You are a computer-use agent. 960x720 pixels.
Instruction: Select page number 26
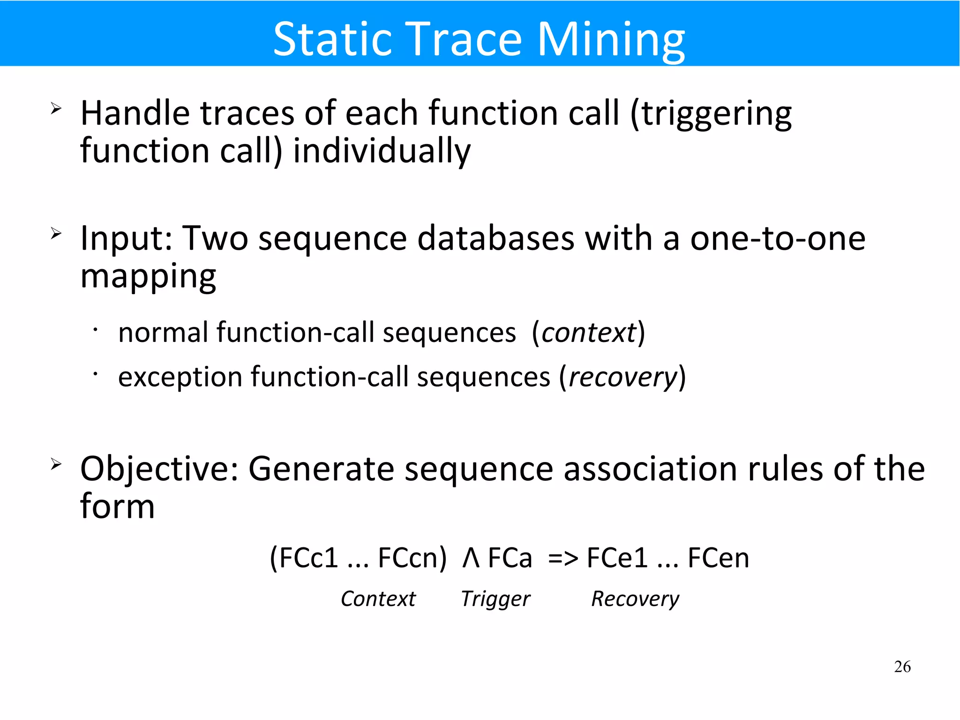click(902, 667)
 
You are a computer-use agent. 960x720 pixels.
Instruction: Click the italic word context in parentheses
click(589, 333)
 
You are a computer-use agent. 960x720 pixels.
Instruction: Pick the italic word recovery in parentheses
click(622, 378)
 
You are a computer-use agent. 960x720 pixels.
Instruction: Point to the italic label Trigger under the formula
click(495, 599)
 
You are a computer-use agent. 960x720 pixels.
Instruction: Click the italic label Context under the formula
click(378, 599)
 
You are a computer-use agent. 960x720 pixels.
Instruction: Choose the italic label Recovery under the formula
click(635, 599)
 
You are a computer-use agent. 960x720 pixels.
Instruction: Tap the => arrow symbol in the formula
click(562, 559)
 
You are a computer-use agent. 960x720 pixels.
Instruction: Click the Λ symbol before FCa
click(471, 559)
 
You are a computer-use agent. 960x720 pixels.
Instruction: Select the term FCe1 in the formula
click(617, 559)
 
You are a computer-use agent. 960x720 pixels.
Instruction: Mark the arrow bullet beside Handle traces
click(56, 109)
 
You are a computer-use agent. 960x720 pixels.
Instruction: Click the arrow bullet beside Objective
click(56, 464)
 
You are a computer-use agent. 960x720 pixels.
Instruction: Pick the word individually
click(382, 151)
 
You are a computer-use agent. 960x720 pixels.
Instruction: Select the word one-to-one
click(777, 238)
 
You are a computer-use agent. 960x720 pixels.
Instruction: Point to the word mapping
click(148, 277)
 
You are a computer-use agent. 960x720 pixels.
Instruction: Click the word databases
click(495, 238)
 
